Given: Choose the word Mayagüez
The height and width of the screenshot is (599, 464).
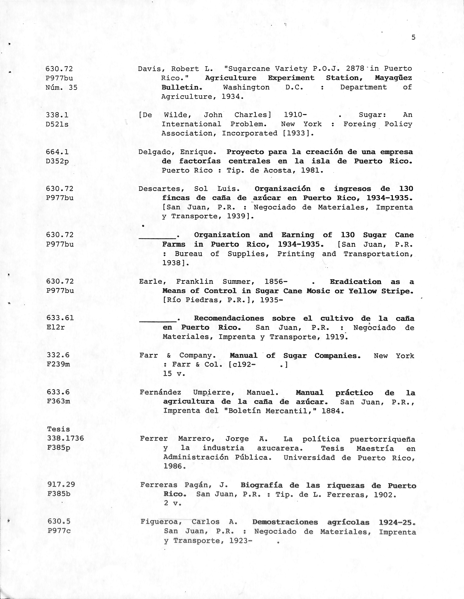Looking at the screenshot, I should point(393,78).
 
